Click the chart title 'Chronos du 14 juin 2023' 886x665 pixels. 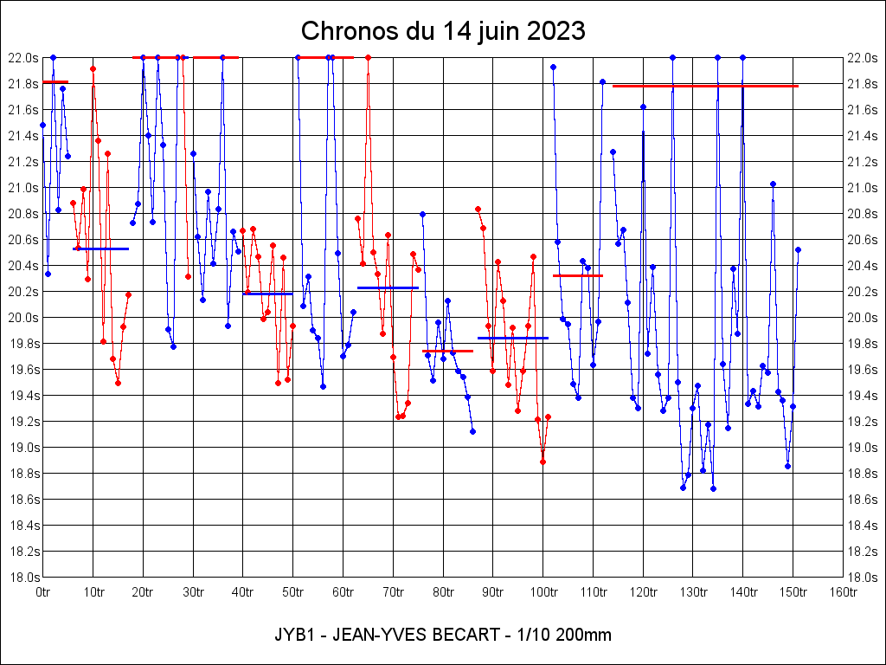443,31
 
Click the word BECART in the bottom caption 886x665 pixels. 465,636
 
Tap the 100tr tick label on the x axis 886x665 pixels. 543,593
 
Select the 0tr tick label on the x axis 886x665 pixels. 43,593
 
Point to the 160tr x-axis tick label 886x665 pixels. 844,593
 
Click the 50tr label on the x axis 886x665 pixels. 293,593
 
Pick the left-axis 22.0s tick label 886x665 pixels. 23,58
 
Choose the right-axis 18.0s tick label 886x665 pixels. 863,577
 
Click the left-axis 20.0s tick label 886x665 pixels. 23,318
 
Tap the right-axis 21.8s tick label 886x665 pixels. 863,84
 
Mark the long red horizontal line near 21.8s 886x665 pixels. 705,86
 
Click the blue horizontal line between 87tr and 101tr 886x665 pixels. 513,338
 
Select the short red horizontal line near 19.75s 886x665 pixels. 447,351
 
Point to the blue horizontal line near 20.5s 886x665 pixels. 100,249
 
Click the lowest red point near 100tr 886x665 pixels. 543,462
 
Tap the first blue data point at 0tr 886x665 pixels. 43,125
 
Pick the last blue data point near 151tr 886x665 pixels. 798,249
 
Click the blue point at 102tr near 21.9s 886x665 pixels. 553,67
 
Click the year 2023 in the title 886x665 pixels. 552,31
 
